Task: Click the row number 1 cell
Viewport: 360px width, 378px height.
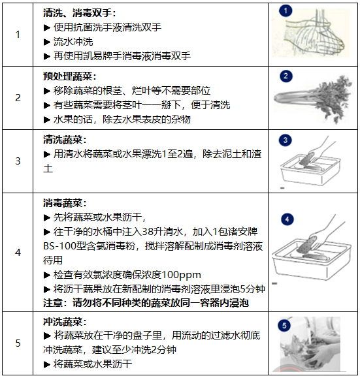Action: point(18,34)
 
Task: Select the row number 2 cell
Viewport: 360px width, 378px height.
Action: point(18,98)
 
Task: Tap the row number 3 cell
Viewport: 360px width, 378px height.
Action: point(18,161)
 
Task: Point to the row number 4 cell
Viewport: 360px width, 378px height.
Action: point(18,252)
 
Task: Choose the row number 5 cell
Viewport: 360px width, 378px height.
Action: point(18,342)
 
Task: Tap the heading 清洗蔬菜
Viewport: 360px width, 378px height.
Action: point(64,139)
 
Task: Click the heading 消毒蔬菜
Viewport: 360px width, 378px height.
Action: point(64,203)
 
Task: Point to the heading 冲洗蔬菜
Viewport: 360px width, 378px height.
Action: point(64,321)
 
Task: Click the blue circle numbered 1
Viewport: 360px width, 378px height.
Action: point(287,12)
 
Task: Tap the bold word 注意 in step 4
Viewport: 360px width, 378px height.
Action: point(54,303)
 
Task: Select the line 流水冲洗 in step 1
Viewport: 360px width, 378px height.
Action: point(73,42)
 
